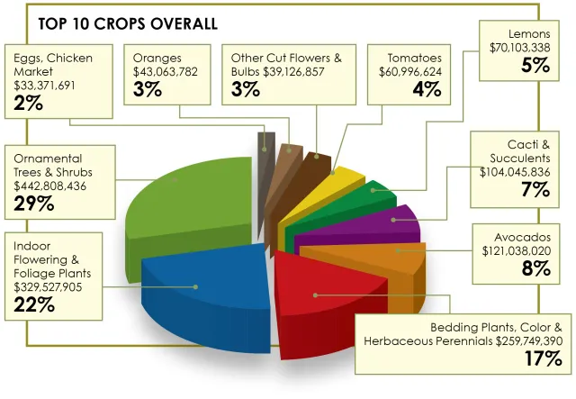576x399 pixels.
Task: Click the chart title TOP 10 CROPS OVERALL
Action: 127,23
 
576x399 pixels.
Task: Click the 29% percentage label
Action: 34,204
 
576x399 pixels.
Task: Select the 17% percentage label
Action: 544,358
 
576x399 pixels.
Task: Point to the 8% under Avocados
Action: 535,268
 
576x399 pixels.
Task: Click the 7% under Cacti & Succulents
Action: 535,189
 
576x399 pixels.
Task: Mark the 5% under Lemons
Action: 535,65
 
